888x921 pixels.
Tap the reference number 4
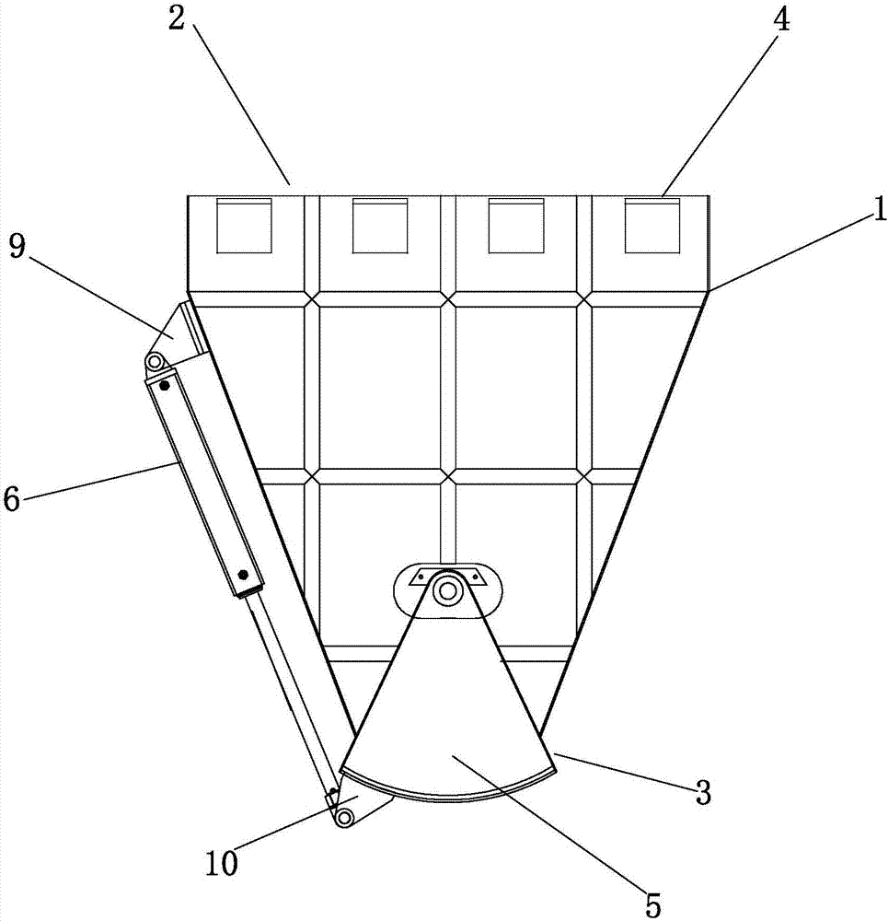780,20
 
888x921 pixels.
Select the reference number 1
879,210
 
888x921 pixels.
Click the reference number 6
12,500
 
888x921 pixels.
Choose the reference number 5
653,904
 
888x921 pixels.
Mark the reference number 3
702,793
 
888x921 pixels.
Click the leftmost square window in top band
244,226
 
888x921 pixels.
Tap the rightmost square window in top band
652,226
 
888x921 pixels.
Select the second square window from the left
380,226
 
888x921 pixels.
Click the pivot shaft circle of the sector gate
448,590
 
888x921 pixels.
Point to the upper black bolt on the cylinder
165,386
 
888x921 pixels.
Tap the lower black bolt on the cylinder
243,575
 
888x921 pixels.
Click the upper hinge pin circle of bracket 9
155,361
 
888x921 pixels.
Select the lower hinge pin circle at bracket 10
345,816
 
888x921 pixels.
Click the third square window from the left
516,226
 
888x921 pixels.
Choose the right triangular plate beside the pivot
476,577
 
